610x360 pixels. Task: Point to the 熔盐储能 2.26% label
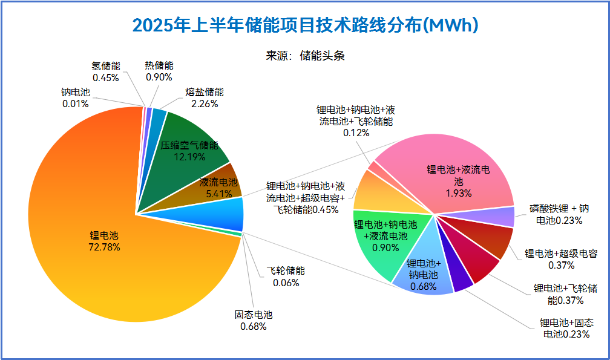pyautogui.click(x=204, y=98)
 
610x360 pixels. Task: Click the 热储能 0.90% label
pyautogui.click(x=159, y=71)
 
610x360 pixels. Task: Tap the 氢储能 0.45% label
pyautogui.click(x=105, y=71)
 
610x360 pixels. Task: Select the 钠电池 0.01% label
pyautogui.click(x=75, y=98)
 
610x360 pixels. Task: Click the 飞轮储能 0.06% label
pyautogui.click(x=286, y=277)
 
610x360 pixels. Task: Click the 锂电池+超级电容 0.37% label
pyautogui.click(x=560, y=259)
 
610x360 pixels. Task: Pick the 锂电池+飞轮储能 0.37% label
pyautogui.click(x=566, y=294)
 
